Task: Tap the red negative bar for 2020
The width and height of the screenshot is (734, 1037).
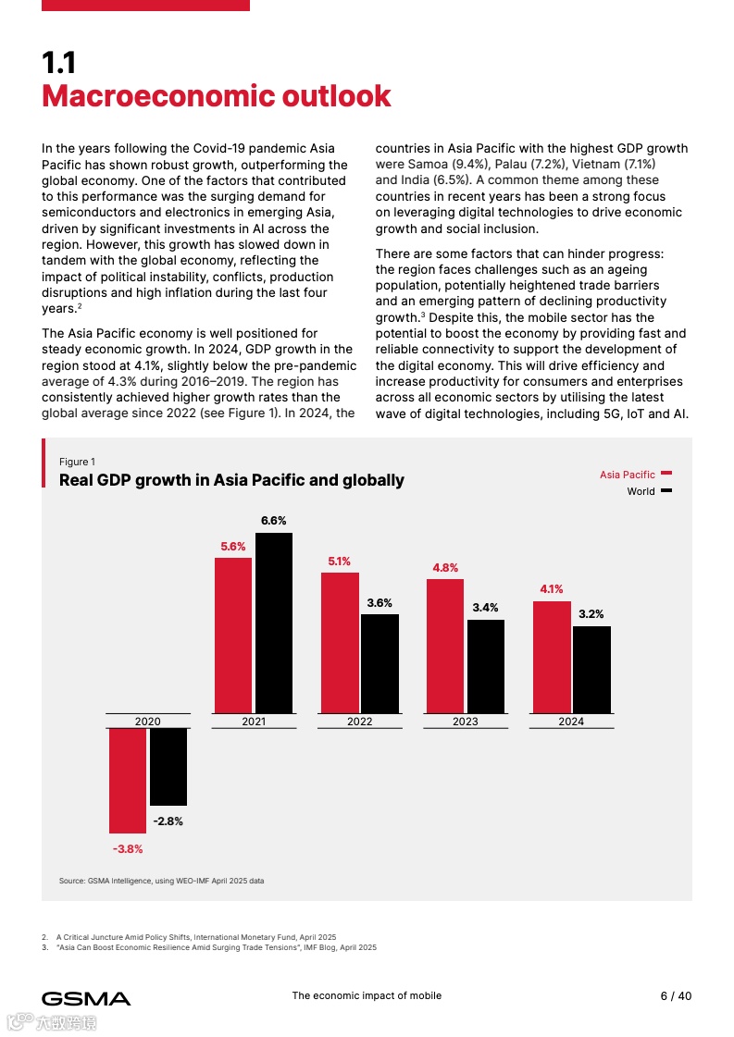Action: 128,781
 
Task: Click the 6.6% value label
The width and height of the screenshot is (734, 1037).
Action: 273,521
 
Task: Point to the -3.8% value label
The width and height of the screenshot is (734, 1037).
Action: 128,848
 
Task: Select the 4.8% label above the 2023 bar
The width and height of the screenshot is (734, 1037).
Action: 445,568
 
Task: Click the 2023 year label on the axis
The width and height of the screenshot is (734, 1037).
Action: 466,722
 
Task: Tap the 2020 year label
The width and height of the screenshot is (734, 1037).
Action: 148,722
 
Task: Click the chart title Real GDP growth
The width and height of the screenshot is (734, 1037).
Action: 231,480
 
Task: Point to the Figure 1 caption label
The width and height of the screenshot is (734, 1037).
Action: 77,462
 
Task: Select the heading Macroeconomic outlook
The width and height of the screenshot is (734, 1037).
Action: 217,96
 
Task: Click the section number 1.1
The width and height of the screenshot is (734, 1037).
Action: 59,63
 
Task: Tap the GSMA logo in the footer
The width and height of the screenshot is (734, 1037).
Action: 86,998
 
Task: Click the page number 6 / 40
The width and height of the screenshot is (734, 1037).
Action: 675,996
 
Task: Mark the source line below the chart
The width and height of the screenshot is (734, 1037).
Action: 161,881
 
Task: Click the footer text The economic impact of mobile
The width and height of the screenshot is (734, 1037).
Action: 367,996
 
